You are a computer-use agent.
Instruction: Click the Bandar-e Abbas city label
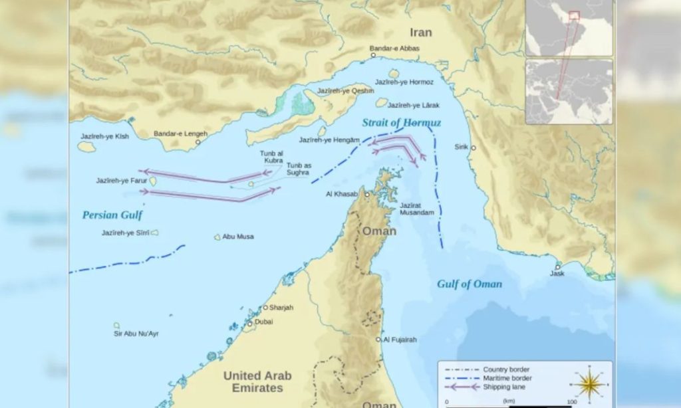396,48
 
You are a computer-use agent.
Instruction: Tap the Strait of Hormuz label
401,123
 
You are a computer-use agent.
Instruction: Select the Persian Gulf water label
112,215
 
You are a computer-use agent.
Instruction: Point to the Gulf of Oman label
470,284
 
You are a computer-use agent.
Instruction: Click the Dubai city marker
250,324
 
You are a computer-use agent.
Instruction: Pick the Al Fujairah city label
400,340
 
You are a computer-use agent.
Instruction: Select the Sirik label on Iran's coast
461,146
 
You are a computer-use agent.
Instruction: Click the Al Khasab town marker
366,194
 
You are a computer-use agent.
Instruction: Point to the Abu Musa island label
238,237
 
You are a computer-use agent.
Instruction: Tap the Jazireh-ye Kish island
86,146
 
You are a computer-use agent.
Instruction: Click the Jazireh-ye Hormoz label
404,82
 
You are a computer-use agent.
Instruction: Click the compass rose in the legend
589,383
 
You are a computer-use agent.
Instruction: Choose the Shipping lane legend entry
498,387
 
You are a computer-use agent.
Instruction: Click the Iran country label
420,33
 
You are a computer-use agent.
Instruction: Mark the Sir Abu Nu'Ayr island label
136,334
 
